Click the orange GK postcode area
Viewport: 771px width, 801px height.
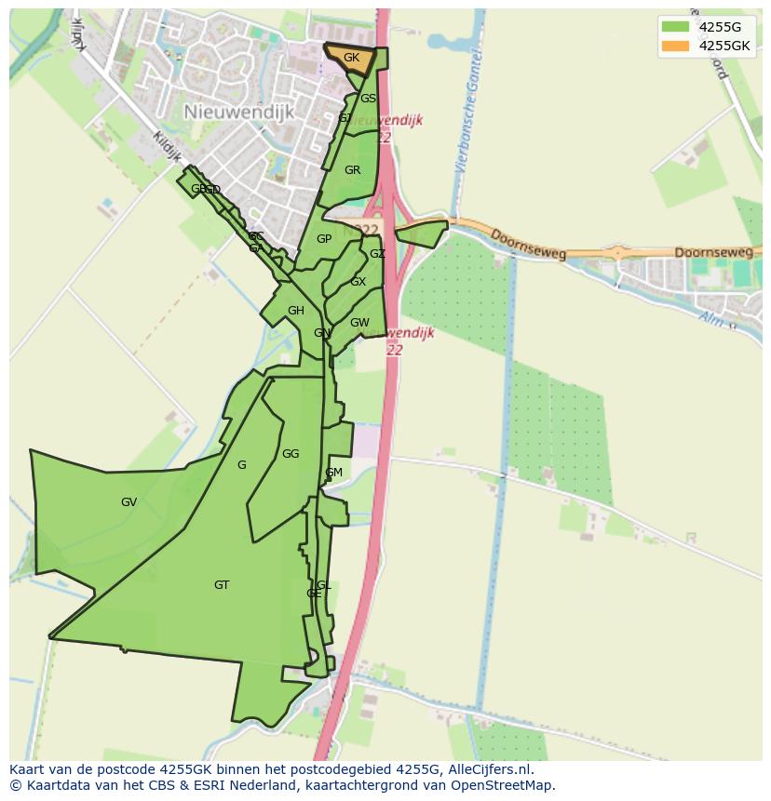pyautogui.click(x=350, y=59)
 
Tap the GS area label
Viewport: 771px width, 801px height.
pyautogui.click(x=369, y=99)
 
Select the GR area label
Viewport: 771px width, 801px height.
pyautogui.click(x=352, y=170)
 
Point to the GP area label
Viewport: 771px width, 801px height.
pyautogui.click(x=324, y=239)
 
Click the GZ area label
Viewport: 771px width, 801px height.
pyautogui.click(x=377, y=254)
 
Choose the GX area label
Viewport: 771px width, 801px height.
pyautogui.click(x=358, y=282)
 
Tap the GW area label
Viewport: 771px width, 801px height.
pyautogui.click(x=359, y=323)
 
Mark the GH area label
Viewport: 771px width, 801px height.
pyautogui.click(x=296, y=311)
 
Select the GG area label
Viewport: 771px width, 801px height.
pyautogui.click(x=291, y=454)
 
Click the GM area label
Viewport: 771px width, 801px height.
pyautogui.click(x=333, y=473)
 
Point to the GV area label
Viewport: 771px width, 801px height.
pyautogui.click(x=128, y=502)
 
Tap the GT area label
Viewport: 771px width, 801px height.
pyautogui.click(x=222, y=585)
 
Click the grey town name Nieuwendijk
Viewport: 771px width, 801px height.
pyautogui.click(x=239, y=112)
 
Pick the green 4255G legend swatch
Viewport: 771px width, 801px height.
pyautogui.click(x=675, y=27)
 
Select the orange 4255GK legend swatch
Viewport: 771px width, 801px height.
pyautogui.click(x=675, y=46)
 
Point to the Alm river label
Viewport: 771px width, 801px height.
pyautogui.click(x=712, y=319)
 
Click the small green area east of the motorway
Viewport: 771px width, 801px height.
pyautogui.click(x=421, y=233)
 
